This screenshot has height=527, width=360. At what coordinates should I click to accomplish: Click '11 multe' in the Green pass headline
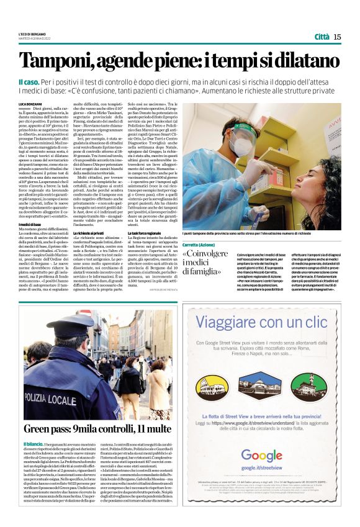[148, 428]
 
